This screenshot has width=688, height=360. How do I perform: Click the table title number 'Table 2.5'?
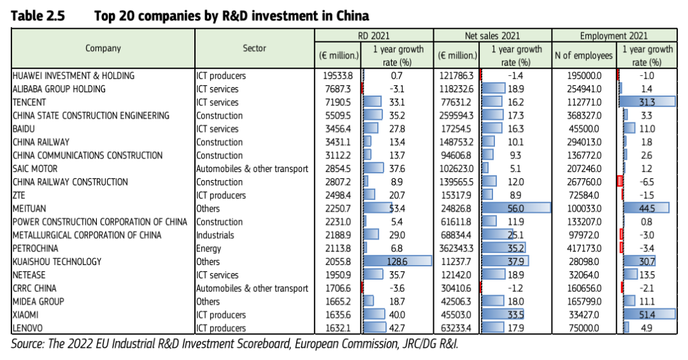pos(38,16)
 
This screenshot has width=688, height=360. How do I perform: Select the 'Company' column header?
pos(103,48)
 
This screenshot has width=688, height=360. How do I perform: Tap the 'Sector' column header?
pos(254,48)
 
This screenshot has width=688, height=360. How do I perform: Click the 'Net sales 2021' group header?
pos(492,36)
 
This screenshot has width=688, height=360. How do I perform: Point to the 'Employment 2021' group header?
pos(614,36)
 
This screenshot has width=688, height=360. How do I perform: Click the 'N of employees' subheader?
pos(584,55)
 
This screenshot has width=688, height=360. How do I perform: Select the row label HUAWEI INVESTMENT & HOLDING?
pos(73,76)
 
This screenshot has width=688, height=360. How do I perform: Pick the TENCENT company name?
pos(29,103)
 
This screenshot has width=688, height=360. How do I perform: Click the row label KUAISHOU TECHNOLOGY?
pos(57,262)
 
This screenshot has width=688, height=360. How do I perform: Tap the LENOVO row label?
pos(27,328)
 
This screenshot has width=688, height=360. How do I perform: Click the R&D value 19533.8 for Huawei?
pos(338,76)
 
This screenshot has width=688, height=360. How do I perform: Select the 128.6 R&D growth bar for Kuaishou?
pos(397,262)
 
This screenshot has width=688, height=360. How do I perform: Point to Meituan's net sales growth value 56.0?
pos(515,208)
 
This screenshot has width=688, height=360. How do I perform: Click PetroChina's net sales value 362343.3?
pos(456,248)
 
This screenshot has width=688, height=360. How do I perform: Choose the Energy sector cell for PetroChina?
pos(208,248)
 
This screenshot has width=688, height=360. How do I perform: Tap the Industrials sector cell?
pos(215,235)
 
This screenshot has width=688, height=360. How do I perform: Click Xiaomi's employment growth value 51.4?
pos(647,315)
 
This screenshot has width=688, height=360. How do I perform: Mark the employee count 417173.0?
pos(584,248)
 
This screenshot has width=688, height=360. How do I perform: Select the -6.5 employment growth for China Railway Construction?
pos(647,182)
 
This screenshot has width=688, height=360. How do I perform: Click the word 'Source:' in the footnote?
pos(27,343)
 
